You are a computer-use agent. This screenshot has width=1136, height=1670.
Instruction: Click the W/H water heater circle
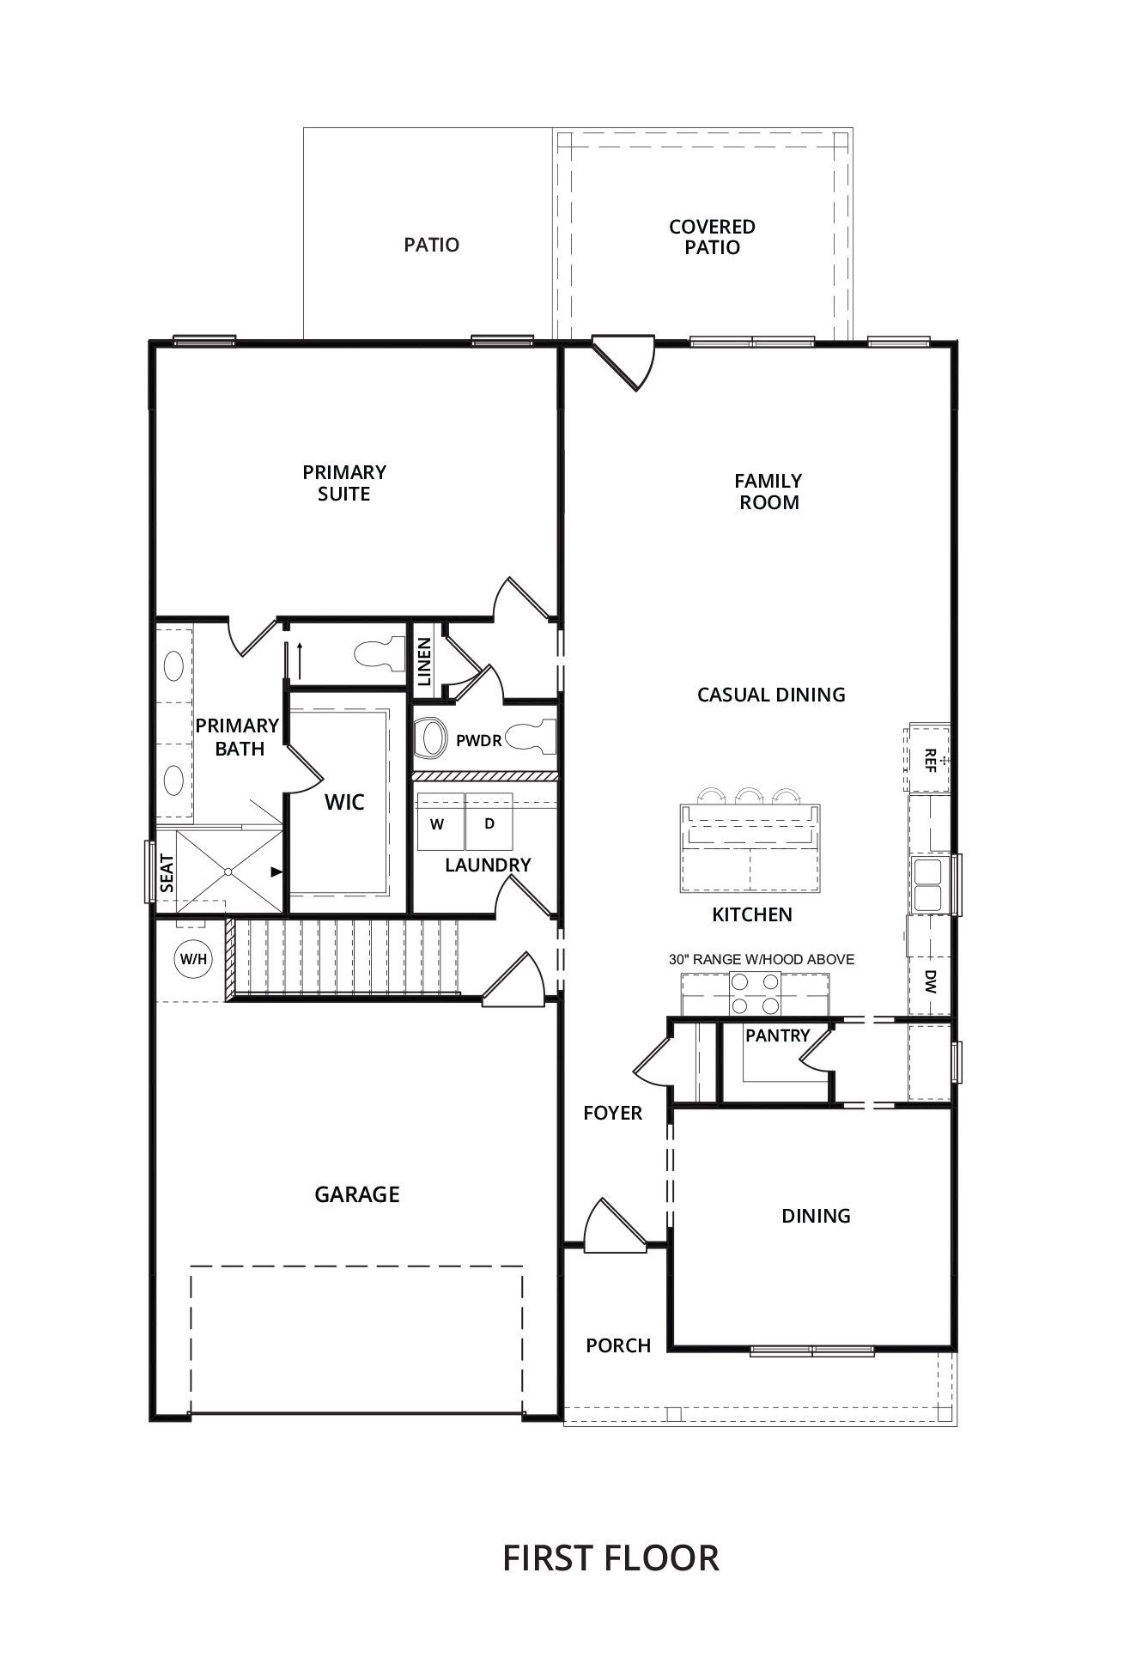[191, 958]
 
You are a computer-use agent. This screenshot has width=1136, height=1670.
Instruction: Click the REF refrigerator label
[930, 758]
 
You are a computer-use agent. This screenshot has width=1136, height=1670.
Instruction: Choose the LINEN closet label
[424, 661]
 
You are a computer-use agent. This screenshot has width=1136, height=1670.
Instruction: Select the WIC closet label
[344, 803]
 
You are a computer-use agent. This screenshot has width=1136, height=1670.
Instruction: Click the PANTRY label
[778, 1035]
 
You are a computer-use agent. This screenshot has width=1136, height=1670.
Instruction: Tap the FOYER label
[613, 1113]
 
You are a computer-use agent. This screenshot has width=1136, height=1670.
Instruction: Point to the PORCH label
[618, 1345]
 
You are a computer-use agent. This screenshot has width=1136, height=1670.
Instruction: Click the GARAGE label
[357, 1194]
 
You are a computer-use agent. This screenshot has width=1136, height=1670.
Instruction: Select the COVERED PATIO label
[712, 237]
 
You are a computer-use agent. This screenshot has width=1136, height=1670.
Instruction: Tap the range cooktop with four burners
[755, 993]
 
